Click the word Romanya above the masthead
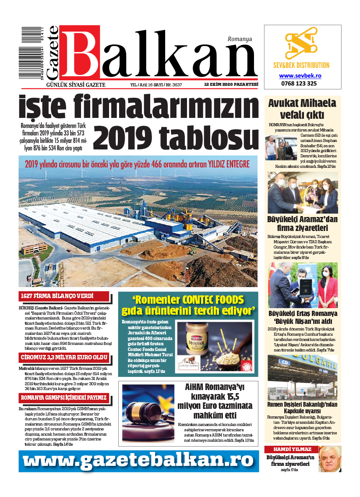pyautogui.click(x=240, y=39)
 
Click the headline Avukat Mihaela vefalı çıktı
pyautogui.click(x=302, y=109)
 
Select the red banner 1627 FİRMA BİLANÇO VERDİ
pyautogui.click(x=57, y=296)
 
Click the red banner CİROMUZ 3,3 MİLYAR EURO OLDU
pyautogui.click(x=64, y=357)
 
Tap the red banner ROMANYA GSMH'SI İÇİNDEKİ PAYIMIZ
pyautogui.click(x=64, y=398)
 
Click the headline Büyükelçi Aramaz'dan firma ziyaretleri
pyautogui.click(x=302, y=224)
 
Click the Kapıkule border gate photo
pyautogui.click(x=303, y=376)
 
